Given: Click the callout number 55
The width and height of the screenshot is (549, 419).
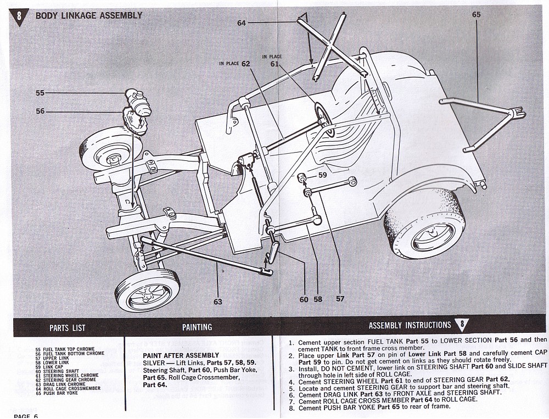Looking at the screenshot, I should (x=40, y=93).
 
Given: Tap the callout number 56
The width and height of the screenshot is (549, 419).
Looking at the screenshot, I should (x=40, y=111).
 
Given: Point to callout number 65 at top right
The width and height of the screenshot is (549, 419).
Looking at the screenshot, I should (x=476, y=15).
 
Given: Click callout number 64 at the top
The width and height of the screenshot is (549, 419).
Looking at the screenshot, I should (x=242, y=23).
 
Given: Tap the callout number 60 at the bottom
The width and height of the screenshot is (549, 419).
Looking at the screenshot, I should (x=304, y=299).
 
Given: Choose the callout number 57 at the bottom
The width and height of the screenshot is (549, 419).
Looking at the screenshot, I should (x=340, y=299).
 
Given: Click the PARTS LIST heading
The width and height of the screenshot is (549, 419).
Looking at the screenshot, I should (x=68, y=328).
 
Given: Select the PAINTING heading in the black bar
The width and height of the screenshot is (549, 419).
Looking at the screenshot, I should (x=197, y=327).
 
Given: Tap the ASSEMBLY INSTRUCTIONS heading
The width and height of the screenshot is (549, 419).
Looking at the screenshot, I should (x=410, y=326).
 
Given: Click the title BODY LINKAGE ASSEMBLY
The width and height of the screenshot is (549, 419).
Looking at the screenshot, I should (x=88, y=15).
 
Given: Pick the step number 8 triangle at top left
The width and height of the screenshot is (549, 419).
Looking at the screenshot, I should (x=20, y=16).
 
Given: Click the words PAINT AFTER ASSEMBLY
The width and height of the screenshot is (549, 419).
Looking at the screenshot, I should (x=173, y=356).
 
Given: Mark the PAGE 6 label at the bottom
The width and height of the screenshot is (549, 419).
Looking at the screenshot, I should (x=26, y=416).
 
